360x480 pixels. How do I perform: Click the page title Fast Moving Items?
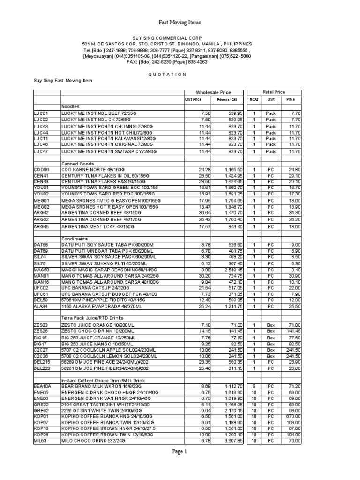[x=180, y=22]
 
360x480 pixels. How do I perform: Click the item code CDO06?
[x=41, y=169]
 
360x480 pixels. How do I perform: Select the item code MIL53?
[x=40, y=441]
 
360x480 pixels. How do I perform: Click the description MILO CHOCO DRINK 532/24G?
[x=92, y=441]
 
